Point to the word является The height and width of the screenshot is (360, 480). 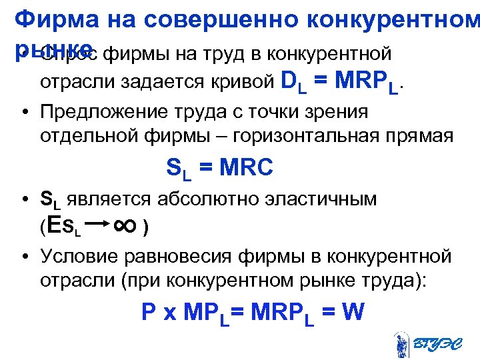(111, 199)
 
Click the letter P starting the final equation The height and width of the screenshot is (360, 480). (149, 312)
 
